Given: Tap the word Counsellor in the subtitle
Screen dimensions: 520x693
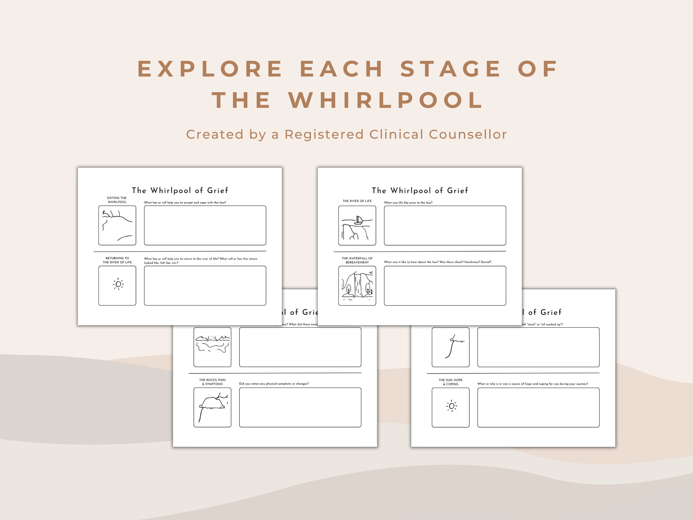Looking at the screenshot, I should pyautogui.click(x=468, y=135).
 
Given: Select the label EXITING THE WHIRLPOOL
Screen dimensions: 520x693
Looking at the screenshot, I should pyautogui.click(x=117, y=200).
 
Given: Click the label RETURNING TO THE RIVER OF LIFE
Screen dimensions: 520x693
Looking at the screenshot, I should pyautogui.click(x=117, y=260).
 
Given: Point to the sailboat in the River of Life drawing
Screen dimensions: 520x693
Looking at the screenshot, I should pyautogui.click(x=359, y=220).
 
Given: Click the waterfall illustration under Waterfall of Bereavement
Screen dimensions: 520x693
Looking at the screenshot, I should pyautogui.click(x=357, y=286).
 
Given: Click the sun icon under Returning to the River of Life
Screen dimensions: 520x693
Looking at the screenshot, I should pyautogui.click(x=118, y=284).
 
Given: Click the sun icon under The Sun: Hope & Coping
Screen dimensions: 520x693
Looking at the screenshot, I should pyautogui.click(x=451, y=406).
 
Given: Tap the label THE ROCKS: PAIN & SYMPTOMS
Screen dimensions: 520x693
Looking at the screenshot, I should pyautogui.click(x=213, y=382).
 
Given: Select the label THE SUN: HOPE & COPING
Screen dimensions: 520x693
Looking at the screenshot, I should pyautogui.click(x=450, y=382).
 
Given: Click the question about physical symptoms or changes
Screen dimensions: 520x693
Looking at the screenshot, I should pyautogui.click(x=274, y=384).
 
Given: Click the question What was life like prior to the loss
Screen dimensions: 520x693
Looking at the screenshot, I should pyautogui.click(x=408, y=203).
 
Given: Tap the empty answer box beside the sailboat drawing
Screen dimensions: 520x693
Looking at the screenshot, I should pyautogui.click(x=445, y=225).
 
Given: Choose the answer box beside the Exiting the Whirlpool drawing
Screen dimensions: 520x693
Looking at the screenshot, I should pyautogui.click(x=205, y=225).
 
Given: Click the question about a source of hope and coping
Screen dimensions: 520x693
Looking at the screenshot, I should pyautogui.click(x=532, y=384).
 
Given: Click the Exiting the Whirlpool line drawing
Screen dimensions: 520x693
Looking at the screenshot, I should pyautogui.click(x=117, y=225).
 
